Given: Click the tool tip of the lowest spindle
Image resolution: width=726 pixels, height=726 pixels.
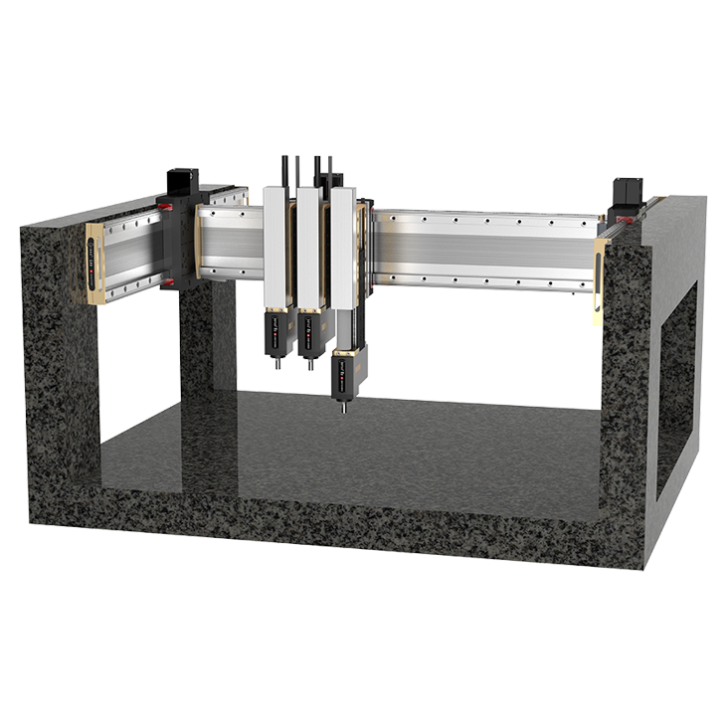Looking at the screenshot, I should (x=344, y=408).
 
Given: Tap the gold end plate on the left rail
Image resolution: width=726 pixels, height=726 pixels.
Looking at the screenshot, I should (x=95, y=262).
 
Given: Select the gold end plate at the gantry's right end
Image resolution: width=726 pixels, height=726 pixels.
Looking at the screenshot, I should (x=600, y=268).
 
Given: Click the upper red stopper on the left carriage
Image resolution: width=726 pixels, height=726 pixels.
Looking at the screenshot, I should (x=168, y=207).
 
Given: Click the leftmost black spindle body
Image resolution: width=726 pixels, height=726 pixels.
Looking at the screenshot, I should (x=276, y=342).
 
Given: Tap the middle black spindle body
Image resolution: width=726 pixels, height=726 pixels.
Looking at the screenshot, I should (x=309, y=344).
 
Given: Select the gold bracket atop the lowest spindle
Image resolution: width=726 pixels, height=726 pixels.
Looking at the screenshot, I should (x=344, y=352).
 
